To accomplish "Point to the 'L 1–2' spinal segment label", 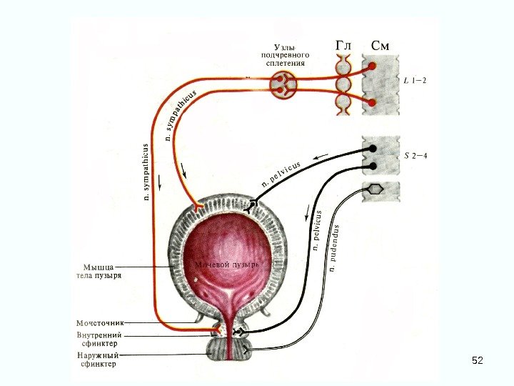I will coord(415,80).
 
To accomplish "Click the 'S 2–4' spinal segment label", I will coord(415,156).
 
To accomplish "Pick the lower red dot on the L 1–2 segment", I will coord(372,102).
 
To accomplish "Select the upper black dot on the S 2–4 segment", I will coord(372,149).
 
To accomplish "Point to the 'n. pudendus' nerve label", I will coord(335,248).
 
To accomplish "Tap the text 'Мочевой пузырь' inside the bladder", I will coord(226,264).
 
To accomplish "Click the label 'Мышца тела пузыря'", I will coord(99,271).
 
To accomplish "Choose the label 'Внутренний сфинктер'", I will coord(99,338).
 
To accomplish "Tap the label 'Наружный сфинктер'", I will coord(97,359).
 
